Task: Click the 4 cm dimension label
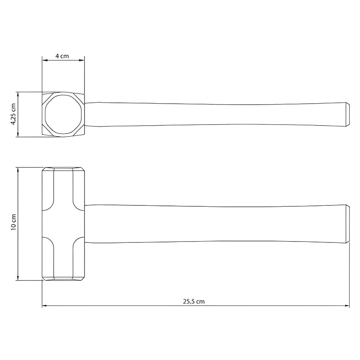[x=62, y=56]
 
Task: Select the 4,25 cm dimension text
[x=13, y=114]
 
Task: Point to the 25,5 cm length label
[x=194, y=301]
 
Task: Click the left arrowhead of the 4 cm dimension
[x=45, y=60]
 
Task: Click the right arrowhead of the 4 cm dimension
[x=82, y=60]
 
